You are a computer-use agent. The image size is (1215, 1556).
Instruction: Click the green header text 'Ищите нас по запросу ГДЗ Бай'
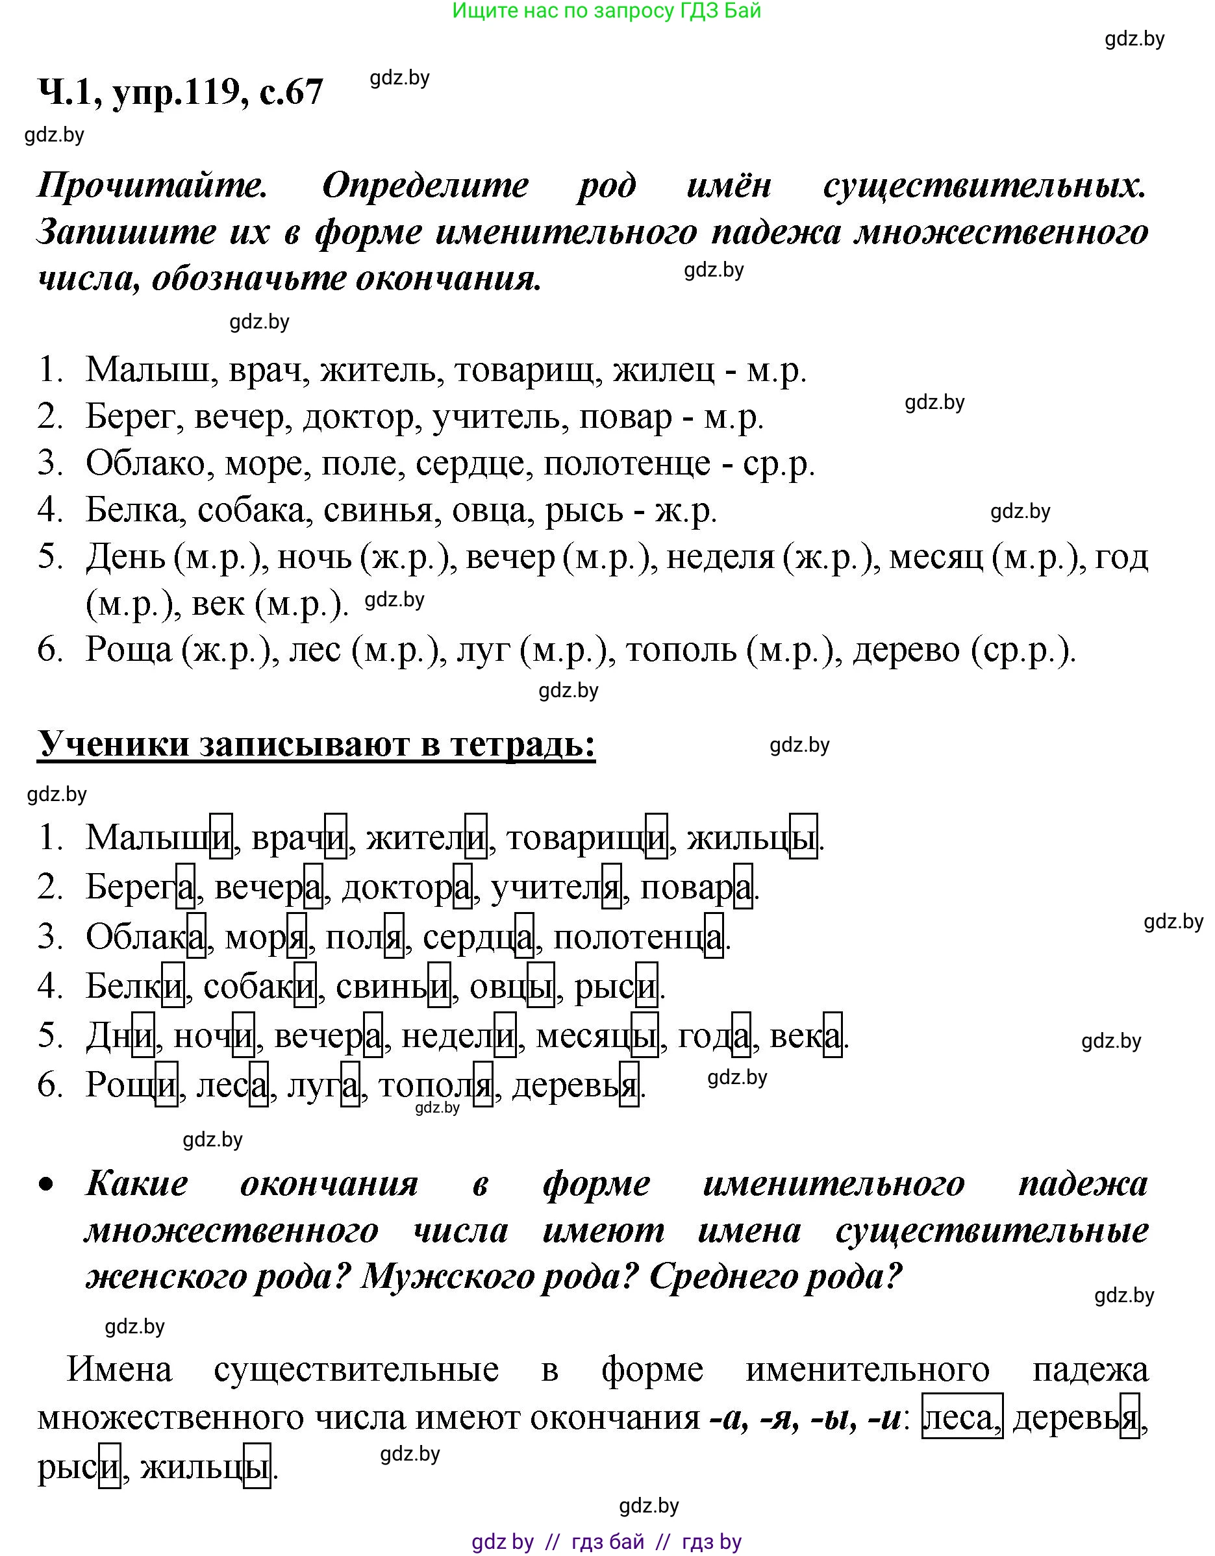pyautogui.click(x=607, y=12)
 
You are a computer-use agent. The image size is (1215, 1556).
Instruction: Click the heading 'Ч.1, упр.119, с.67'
pyautogui.click(x=181, y=92)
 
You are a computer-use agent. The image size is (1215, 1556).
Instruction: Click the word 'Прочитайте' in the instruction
pyautogui.click(x=153, y=185)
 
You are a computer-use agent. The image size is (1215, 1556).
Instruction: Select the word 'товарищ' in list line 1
pyautogui.click(x=524, y=371)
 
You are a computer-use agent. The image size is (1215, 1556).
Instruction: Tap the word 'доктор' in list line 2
pyautogui.click(x=358, y=417)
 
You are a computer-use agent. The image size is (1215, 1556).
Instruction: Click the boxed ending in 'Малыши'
pyautogui.click(x=221, y=836)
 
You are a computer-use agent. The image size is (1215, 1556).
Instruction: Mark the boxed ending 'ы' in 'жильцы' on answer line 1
pyautogui.click(x=804, y=836)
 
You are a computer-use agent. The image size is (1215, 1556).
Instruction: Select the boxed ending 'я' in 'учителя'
pyautogui.click(x=612, y=887)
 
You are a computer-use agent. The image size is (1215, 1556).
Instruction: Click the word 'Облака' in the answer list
pyautogui.click(x=145, y=936)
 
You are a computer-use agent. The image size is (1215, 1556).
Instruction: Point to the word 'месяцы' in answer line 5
pyautogui.click(x=596, y=1036)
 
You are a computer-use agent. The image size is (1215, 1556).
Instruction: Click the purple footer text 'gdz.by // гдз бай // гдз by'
pyautogui.click(x=607, y=1542)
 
